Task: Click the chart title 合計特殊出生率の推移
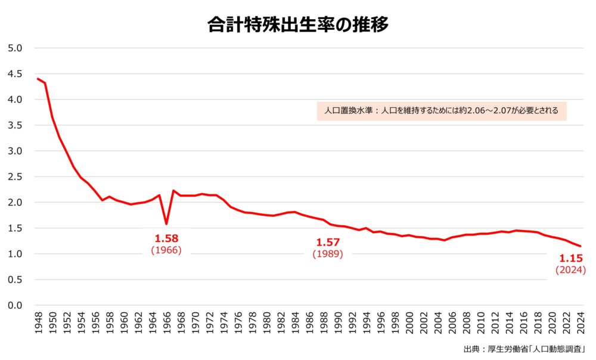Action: (x=298, y=25)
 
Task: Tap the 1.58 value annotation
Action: (x=166, y=238)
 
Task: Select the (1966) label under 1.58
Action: (x=166, y=251)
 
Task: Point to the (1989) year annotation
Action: (x=327, y=255)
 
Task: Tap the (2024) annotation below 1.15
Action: (x=570, y=271)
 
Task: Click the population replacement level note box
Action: (x=441, y=111)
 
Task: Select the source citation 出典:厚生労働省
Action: (x=525, y=349)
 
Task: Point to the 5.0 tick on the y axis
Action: (x=14, y=48)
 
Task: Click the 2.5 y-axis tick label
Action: (x=14, y=177)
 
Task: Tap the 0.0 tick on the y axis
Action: (x=14, y=305)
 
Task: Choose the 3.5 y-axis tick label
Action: (x=14, y=125)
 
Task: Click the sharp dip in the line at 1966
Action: (x=166, y=224)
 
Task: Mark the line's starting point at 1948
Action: (x=38, y=79)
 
